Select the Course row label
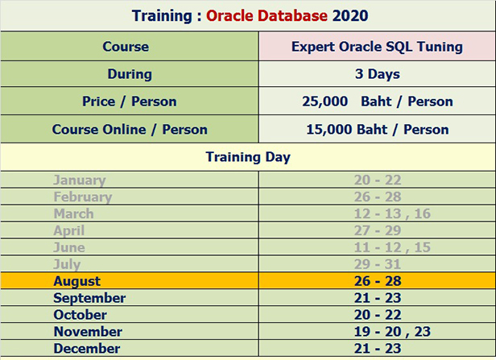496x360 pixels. pyautogui.click(x=126, y=47)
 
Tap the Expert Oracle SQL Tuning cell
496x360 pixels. pyautogui.click(x=377, y=47)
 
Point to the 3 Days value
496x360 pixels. pyautogui.click(x=377, y=74)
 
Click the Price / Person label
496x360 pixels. pyautogui.click(x=129, y=101)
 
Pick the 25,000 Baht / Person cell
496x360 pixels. pyautogui.click(x=377, y=101)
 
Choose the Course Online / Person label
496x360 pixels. pyautogui.click(x=129, y=129)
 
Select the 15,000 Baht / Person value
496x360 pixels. pyautogui.click(x=377, y=129)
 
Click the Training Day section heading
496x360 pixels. pyautogui.click(x=248, y=157)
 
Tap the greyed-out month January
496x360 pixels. pyautogui.click(x=79, y=180)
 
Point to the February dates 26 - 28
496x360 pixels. pyautogui.click(x=377, y=197)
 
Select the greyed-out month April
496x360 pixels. pyautogui.click(x=68, y=231)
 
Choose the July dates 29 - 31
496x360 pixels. pyautogui.click(x=377, y=264)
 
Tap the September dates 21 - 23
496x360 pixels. pyautogui.click(x=377, y=298)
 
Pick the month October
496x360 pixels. pyautogui.click(x=81, y=315)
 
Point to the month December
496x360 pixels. pyautogui.click(x=86, y=349)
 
